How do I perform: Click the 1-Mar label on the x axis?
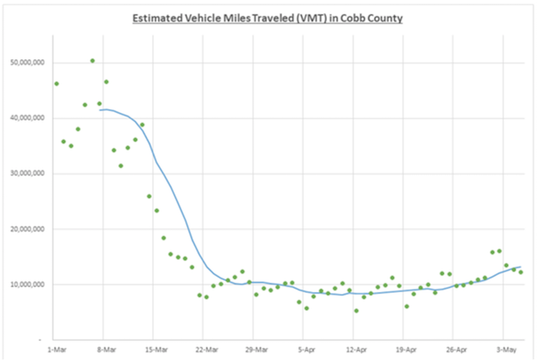point(56,350)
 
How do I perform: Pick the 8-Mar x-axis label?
point(106,350)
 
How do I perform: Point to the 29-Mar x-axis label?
point(256,350)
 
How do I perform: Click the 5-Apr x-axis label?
point(305,350)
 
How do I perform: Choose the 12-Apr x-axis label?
point(355,350)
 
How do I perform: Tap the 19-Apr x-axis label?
point(405,350)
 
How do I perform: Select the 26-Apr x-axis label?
point(455,350)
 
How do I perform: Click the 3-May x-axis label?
point(505,350)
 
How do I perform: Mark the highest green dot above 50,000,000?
point(92,60)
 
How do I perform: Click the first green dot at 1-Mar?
point(56,84)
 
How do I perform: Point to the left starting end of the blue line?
point(100,110)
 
